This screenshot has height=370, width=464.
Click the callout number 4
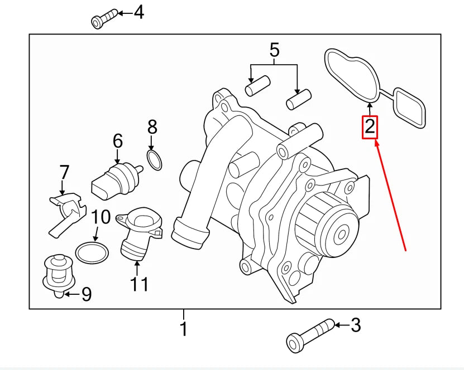point(138,12)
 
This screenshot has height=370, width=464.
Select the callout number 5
point(274,50)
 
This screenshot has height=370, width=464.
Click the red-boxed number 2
point(370,127)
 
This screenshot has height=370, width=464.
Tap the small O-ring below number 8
point(155,160)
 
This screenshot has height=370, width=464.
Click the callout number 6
point(117,140)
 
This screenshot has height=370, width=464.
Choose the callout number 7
point(64,172)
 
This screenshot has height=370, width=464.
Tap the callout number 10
point(101,217)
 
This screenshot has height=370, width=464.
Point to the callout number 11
point(139,284)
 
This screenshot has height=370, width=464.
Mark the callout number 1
point(183,329)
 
